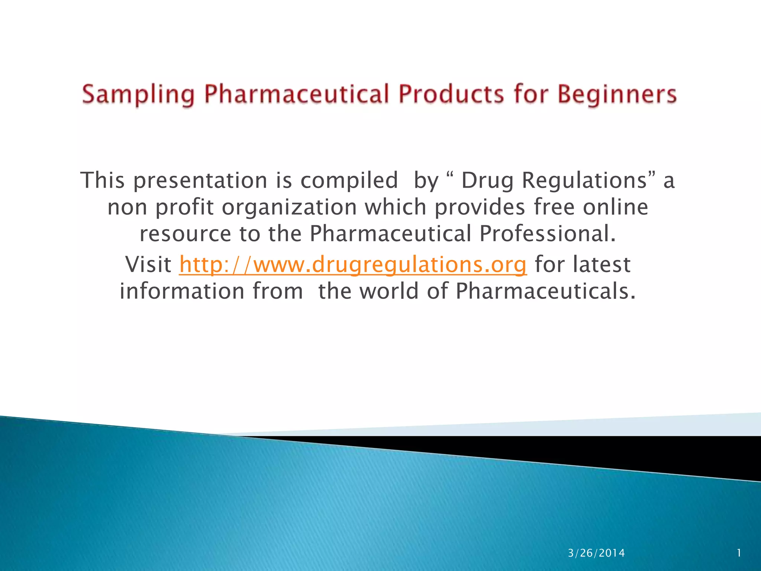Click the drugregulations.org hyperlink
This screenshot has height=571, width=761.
(x=353, y=264)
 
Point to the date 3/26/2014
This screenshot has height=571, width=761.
(x=596, y=553)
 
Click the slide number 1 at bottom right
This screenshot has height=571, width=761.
(x=739, y=553)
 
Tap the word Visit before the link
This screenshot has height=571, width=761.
(x=148, y=264)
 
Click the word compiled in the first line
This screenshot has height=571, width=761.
(x=349, y=181)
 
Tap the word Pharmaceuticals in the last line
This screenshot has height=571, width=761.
(x=545, y=291)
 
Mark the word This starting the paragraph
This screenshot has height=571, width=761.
(x=103, y=181)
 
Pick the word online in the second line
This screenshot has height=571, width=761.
(x=615, y=207)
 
